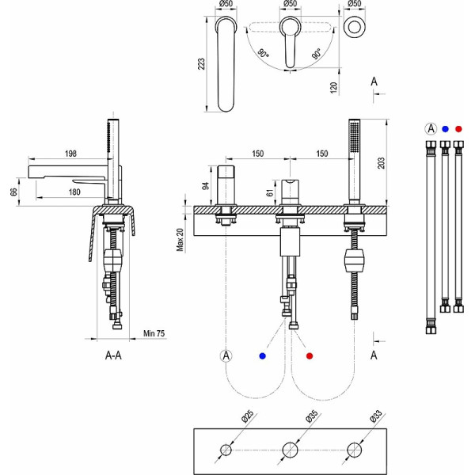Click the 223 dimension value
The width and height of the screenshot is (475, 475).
click(202, 63)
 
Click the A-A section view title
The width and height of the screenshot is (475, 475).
click(113, 356)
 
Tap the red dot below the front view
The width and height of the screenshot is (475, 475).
click(310, 355)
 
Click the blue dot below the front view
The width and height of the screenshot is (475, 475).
click(262, 355)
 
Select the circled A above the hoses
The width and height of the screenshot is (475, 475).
click(431, 128)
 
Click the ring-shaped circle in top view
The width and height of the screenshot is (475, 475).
click(355, 25)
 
